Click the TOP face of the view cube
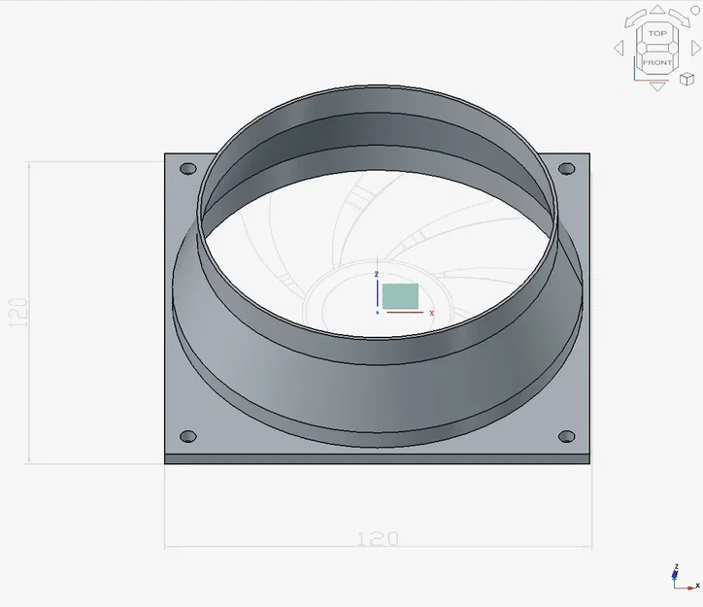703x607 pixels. click(x=657, y=34)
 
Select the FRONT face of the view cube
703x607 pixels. click(x=657, y=61)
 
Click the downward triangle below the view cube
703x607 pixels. click(x=657, y=86)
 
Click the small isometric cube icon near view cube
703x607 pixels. click(x=687, y=79)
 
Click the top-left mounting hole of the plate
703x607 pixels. click(x=188, y=169)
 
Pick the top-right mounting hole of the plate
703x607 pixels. click(x=566, y=170)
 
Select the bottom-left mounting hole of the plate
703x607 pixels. click(x=188, y=436)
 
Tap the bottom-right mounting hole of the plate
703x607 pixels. click(x=566, y=435)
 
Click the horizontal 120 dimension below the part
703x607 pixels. click(x=379, y=538)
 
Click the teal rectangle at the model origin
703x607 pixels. click(x=400, y=296)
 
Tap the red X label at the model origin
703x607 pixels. click(x=431, y=313)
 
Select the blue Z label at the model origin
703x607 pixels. click(x=377, y=275)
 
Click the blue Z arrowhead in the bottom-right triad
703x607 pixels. click(x=676, y=569)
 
